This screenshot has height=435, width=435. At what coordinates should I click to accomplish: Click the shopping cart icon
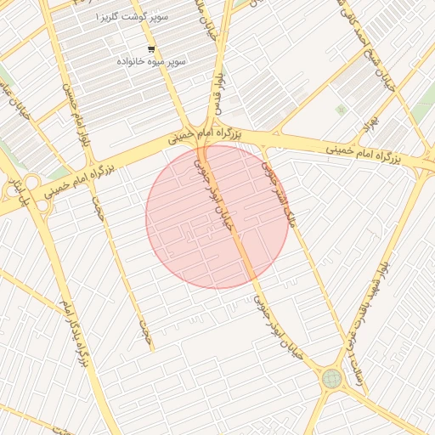tap(151, 48)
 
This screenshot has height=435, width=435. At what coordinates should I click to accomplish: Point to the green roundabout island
tap(330, 379)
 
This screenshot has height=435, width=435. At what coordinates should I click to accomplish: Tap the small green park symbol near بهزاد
tap(341, 110)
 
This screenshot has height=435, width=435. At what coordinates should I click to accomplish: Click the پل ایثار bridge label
tap(13, 189)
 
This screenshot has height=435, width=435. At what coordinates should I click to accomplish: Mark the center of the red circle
tap(217, 217)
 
